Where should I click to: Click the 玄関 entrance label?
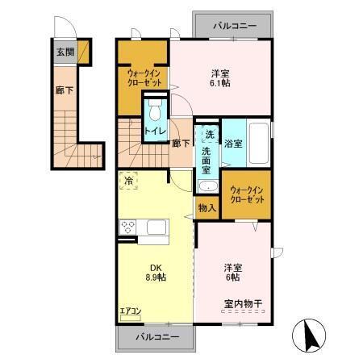pyautogui.click(x=64, y=52)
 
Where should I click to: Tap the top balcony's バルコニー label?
pyautogui.click(x=234, y=26)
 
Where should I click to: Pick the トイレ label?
pyautogui.click(x=156, y=129)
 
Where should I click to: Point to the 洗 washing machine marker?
pyautogui.click(x=208, y=134)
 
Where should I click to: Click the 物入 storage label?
pyautogui.click(x=207, y=207)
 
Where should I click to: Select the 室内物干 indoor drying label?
pyautogui.click(x=243, y=303)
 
